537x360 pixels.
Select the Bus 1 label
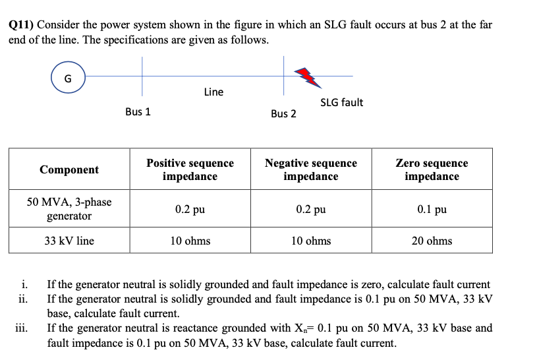tap(138, 111)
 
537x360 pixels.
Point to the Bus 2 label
tap(283, 113)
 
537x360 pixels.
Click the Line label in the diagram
tap(213, 92)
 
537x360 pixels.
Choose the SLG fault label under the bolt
tap(341, 102)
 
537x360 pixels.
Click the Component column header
tap(69, 169)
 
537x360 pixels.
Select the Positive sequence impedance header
tap(190, 169)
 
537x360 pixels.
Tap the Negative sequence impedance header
tap(310, 169)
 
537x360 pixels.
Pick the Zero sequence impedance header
tap(432, 169)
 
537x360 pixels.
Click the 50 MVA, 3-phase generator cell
tap(69, 209)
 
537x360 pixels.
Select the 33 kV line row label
tap(69, 241)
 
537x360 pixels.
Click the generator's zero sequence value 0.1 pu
tap(432, 210)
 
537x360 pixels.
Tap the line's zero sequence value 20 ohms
tap(432, 241)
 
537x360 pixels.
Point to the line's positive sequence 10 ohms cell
tap(190, 241)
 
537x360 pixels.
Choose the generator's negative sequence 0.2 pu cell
tap(310, 210)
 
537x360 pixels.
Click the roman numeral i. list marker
tap(24, 285)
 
